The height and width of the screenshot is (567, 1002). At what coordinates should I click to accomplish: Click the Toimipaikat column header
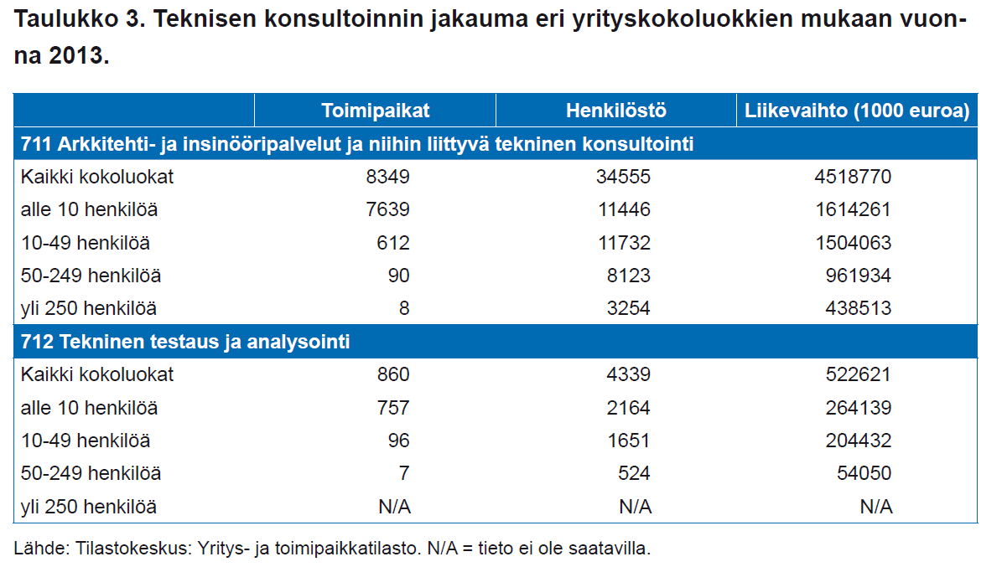coord(375,111)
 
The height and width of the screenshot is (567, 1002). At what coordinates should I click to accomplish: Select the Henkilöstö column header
coord(616,111)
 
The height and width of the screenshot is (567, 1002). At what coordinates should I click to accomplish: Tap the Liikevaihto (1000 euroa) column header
coord(857,111)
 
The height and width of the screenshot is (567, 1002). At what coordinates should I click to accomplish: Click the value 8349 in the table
coord(388,177)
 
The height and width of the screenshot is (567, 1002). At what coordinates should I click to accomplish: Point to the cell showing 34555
coord(623,177)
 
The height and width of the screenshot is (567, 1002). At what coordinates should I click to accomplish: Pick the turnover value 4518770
coord(853,177)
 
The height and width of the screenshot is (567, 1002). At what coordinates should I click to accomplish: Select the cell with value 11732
coord(624,243)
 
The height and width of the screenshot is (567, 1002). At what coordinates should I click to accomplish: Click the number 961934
coord(859,276)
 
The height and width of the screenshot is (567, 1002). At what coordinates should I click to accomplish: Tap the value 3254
coord(628,308)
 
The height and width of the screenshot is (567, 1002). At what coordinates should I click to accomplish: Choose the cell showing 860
coord(393,374)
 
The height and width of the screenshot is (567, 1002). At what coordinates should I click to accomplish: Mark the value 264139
coord(859,407)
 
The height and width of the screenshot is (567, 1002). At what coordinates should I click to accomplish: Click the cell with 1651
coord(628,441)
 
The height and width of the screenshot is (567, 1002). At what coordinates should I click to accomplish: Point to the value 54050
coord(864,473)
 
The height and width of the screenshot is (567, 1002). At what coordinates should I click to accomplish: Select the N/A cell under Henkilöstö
coord(636,507)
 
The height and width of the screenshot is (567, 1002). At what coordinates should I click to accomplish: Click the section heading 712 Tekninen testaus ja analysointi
coord(185,342)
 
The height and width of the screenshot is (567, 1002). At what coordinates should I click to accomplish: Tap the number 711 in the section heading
coord(36,144)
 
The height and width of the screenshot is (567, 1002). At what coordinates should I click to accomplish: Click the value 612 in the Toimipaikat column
coord(393,243)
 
